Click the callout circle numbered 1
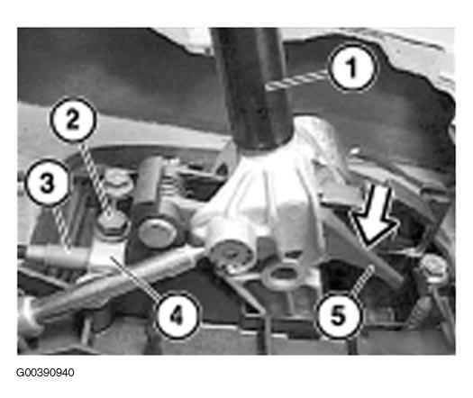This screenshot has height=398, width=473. coord(352,68)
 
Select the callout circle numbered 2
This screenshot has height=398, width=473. coord(73,120)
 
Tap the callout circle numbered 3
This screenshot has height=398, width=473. coord(47,183)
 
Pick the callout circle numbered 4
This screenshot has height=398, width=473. coord(177,315)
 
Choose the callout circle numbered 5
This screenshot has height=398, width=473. coord(338,315)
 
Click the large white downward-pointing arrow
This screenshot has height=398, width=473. coord(375,213)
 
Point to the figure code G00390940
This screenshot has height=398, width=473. coord(45,373)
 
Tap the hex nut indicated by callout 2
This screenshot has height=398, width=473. coord(112,223)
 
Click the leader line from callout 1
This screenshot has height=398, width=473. coord(297,80)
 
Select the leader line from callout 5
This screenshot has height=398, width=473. coord(362,280)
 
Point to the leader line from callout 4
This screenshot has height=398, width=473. coord(134,277)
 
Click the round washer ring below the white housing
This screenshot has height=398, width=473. coord(283,275)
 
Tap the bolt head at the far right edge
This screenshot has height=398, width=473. coord(433,269)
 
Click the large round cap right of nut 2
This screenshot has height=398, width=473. coord(158,233)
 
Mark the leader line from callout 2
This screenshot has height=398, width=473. coord(96,178)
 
